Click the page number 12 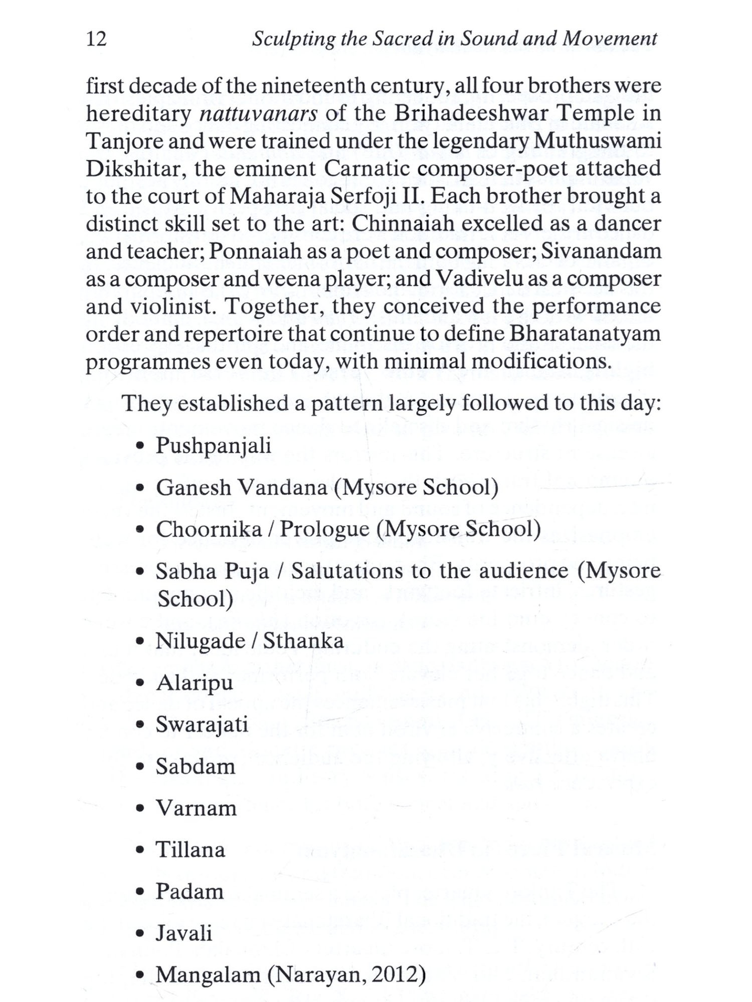click(x=96, y=39)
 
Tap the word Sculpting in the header click(x=293, y=39)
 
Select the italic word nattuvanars click(x=258, y=114)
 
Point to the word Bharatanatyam click(x=585, y=334)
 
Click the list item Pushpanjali click(x=214, y=446)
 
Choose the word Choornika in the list click(x=208, y=530)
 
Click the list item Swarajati click(x=202, y=725)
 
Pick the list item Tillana click(x=190, y=850)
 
